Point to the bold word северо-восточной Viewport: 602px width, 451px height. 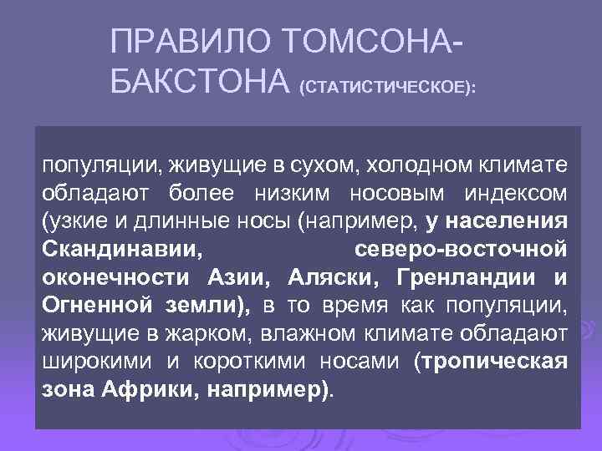(461, 250)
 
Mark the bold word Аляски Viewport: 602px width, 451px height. (335, 278)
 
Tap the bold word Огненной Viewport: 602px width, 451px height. (94, 307)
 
